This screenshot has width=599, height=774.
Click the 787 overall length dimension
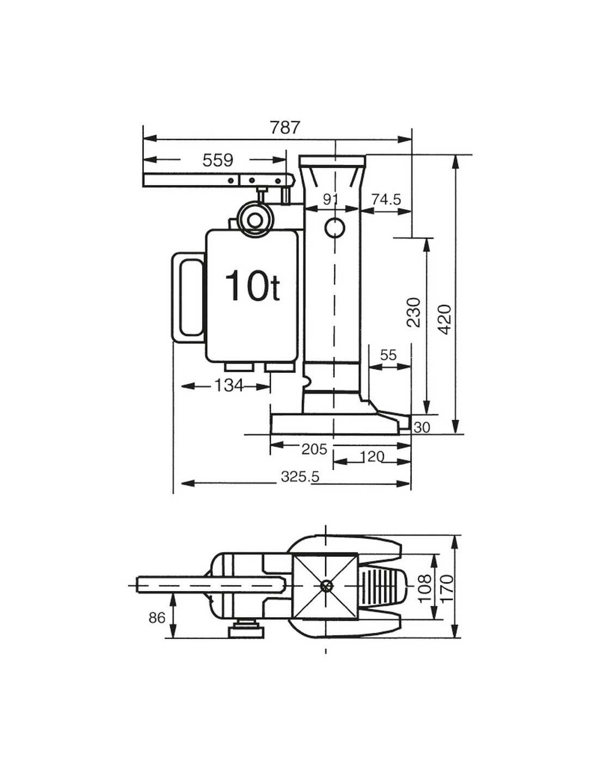[x=285, y=127]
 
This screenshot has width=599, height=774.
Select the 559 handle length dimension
[x=218, y=160]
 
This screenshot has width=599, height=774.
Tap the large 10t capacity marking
[x=253, y=286]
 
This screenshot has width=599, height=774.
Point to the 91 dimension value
[x=330, y=199]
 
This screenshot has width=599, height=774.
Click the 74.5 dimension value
[x=386, y=199]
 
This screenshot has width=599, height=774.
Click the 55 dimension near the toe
[x=388, y=355]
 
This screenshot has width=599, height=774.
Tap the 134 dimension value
[x=228, y=385]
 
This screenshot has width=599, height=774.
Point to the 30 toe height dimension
[x=422, y=427]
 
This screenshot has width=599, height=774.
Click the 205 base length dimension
[x=314, y=450]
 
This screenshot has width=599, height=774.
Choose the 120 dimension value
[x=372, y=457]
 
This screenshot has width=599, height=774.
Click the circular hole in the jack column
[x=335, y=228]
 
